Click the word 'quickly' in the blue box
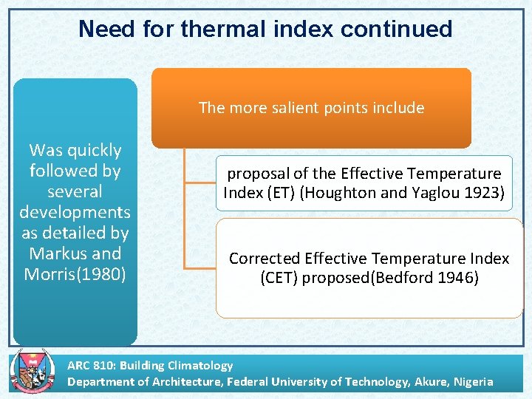point(94,151)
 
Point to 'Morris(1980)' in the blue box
point(75,274)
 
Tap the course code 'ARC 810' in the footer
point(91,365)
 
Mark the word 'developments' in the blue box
point(75,212)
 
